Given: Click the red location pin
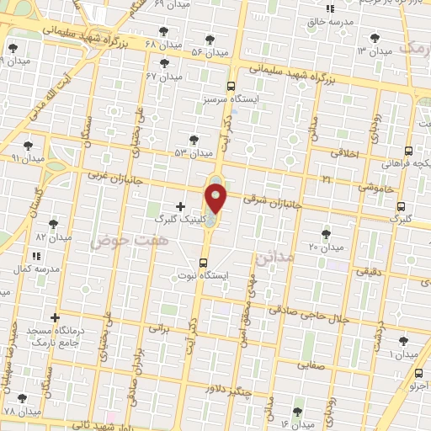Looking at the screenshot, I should pos(216,199).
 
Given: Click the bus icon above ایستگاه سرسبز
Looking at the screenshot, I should pos(231,85).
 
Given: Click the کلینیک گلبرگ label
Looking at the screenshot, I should pos(179,217).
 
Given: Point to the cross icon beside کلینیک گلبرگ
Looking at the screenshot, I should pos(180,205).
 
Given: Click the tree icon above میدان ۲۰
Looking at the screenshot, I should pos(327,234).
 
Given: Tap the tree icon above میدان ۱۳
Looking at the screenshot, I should pos(373,38).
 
